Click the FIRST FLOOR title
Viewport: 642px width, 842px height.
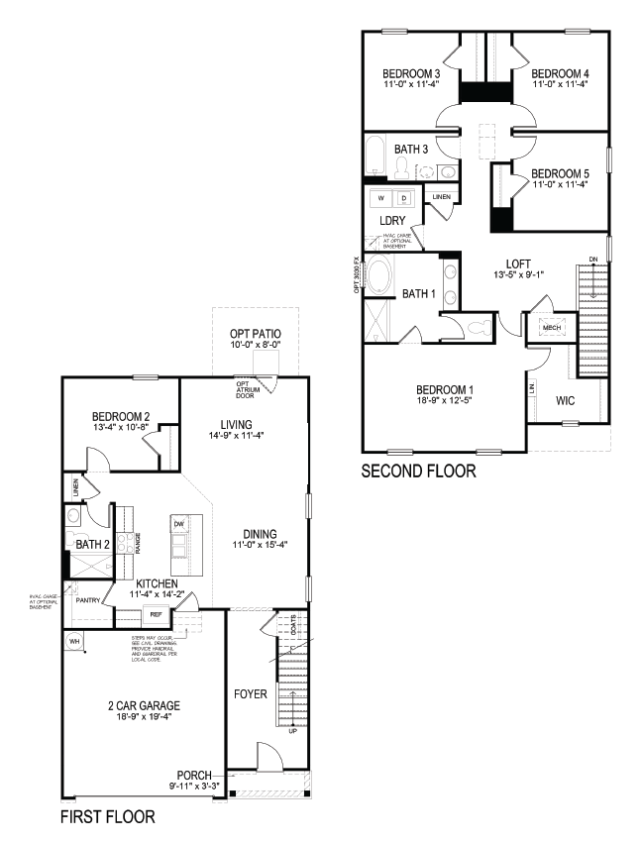tap(107, 817)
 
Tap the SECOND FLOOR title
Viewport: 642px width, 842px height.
tap(418, 471)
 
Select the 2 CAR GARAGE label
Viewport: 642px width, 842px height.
tap(144, 706)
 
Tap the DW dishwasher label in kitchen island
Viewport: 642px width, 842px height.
tap(179, 523)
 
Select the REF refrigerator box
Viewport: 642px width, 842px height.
tap(156, 615)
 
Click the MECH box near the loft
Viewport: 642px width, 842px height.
tap(551, 327)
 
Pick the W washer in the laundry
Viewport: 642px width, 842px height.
tap(379, 198)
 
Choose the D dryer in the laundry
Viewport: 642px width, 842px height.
tap(403, 198)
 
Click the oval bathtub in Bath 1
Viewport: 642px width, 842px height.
tap(379, 272)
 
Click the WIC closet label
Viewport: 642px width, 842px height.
tap(566, 401)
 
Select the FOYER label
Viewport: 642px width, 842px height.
tap(250, 694)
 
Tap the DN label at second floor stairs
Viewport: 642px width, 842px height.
tap(593, 261)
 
